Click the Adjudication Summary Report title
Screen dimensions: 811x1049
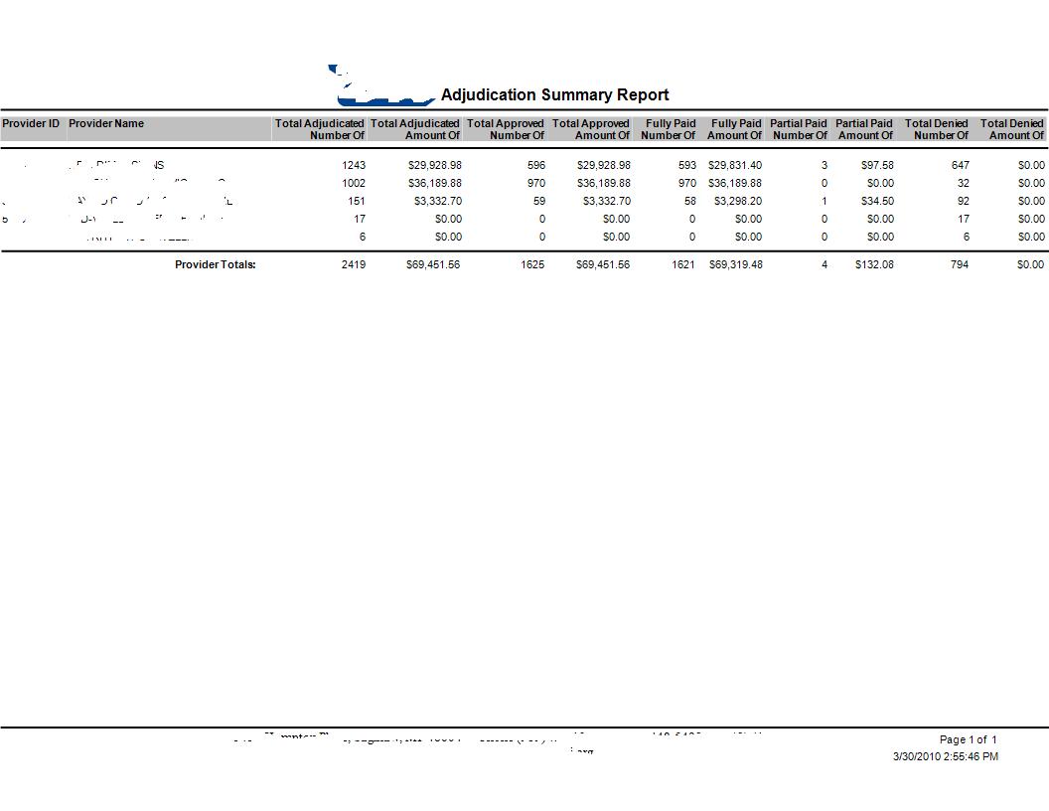click(x=554, y=95)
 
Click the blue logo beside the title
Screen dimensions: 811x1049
click(x=382, y=88)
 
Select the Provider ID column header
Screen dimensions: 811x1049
click(x=31, y=124)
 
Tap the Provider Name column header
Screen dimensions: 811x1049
click(x=106, y=124)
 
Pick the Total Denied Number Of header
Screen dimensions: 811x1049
click(x=936, y=129)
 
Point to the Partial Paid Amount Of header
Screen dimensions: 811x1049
click(x=864, y=129)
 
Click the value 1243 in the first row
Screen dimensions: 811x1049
click(x=354, y=165)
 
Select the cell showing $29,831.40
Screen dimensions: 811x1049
click(x=735, y=165)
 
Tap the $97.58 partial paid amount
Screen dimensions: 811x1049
click(x=877, y=165)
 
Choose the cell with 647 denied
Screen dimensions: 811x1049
click(x=960, y=165)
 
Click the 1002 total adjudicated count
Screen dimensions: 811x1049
click(x=354, y=183)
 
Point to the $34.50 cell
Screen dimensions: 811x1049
click(x=877, y=201)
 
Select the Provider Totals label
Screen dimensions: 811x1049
click(x=216, y=264)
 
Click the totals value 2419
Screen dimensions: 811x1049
click(x=354, y=264)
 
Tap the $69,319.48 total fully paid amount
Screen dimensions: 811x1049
click(x=735, y=264)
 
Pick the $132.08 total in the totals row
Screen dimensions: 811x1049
click(x=874, y=264)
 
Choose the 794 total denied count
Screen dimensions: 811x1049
click(x=960, y=264)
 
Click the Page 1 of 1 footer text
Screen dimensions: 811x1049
click(x=968, y=739)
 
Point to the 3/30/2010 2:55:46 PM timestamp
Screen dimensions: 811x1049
click(x=945, y=756)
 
